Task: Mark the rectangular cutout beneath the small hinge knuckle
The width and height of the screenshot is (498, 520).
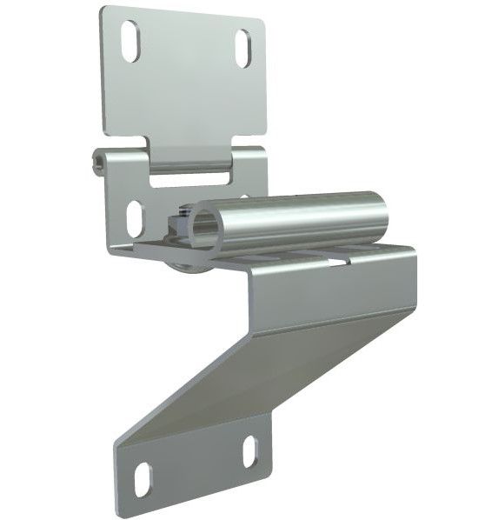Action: [189, 181]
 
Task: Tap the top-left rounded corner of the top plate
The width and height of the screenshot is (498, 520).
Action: [104, 12]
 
